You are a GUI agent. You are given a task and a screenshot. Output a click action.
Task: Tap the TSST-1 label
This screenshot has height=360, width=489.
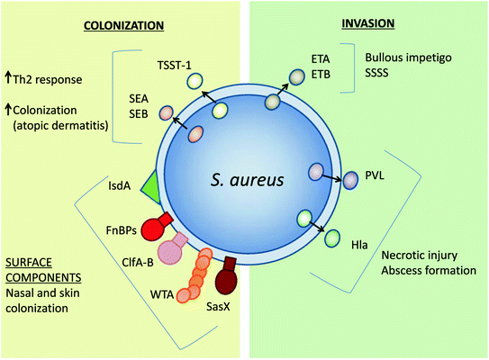click(x=170, y=65)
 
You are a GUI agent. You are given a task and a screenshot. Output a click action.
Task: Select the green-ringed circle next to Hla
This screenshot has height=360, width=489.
click(x=332, y=239)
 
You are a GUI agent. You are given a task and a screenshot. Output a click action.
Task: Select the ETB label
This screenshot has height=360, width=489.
click(x=321, y=77)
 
